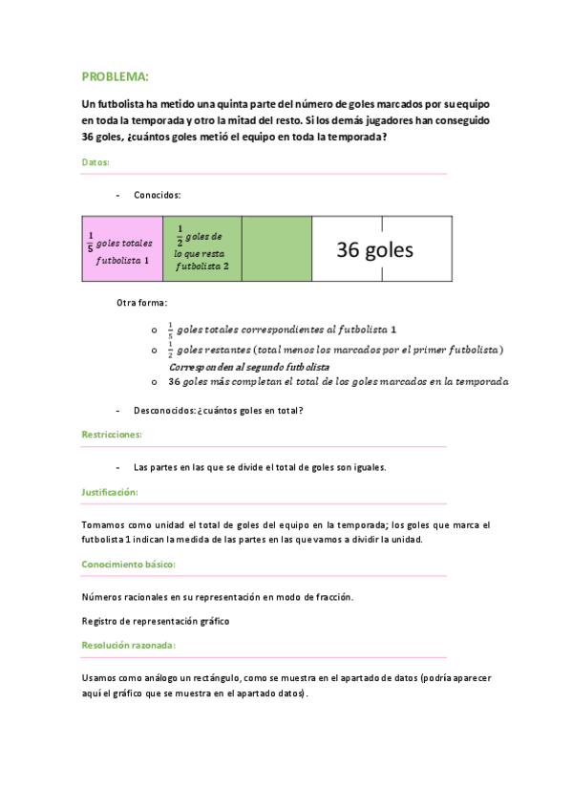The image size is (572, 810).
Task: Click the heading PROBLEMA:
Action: click(115, 76)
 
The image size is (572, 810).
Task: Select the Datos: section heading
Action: click(95, 162)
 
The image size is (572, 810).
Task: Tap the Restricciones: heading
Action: click(112, 435)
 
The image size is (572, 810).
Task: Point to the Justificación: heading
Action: click(111, 492)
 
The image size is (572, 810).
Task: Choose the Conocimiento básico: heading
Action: click(129, 565)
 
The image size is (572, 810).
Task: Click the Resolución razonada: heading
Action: click(129, 645)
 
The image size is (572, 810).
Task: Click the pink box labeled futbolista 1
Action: click(122, 249)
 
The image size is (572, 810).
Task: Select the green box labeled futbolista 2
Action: click(201, 249)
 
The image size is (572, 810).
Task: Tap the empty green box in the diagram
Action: click(277, 249)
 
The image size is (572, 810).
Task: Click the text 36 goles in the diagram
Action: click(374, 250)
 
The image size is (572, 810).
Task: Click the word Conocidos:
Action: click(158, 195)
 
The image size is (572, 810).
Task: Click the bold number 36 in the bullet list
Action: click(174, 382)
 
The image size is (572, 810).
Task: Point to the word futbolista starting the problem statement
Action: click(114, 102)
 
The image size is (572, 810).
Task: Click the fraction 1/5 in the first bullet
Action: click(171, 330)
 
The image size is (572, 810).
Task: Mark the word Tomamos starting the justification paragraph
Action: click(103, 524)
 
